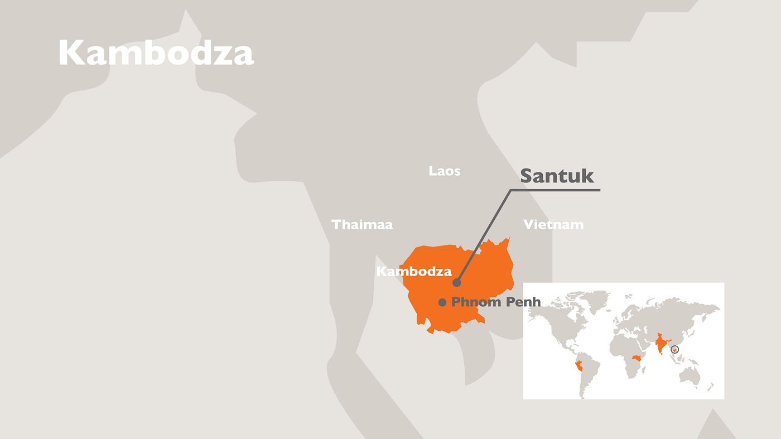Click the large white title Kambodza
coord(156,54)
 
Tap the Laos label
coord(445,171)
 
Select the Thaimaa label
coord(362,225)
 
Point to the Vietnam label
coord(553,225)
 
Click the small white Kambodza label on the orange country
coord(413,272)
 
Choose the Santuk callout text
coord(557,176)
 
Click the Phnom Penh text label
coord(496,302)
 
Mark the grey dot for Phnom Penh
coord(442,302)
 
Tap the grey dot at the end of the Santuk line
coord(456,282)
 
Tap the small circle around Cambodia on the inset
coord(675,350)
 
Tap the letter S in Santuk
coord(526,176)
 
